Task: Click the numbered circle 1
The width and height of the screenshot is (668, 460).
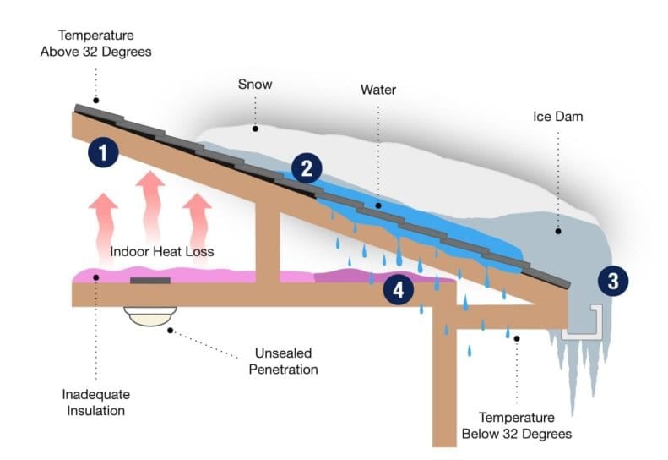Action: pyautogui.click(x=103, y=153)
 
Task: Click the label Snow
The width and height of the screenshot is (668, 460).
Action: pyautogui.click(x=254, y=85)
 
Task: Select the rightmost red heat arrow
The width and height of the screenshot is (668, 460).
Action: pyautogui.click(x=197, y=216)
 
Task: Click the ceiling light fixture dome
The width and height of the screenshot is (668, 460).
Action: pyautogui.click(x=149, y=317)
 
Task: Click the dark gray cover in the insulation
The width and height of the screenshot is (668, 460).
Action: pyautogui.click(x=149, y=279)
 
